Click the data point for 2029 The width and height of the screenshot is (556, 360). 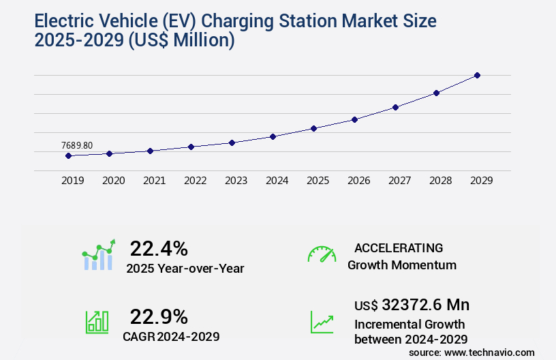[x=477, y=75]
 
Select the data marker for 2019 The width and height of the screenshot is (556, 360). [x=68, y=155]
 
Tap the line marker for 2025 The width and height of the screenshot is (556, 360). [x=313, y=128]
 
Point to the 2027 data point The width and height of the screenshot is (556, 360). [x=395, y=107]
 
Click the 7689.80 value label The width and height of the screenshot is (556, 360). [x=77, y=145]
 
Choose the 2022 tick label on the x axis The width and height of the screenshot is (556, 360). [x=195, y=181]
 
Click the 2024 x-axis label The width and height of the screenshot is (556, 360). [x=277, y=181]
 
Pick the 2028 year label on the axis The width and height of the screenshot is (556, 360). [x=440, y=181]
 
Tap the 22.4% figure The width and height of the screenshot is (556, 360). [x=159, y=248]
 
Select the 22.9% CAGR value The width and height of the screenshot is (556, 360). [x=159, y=316]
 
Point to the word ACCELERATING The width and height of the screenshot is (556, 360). [x=399, y=247]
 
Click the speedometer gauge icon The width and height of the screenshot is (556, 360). [x=322, y=254]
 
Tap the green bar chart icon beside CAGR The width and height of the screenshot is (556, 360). [x=97, y=321]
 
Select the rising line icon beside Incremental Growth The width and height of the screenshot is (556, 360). [x=322, y=321]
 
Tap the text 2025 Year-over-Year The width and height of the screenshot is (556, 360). [x=185, y=269]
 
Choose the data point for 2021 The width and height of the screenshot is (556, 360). [x=150, y=151]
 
